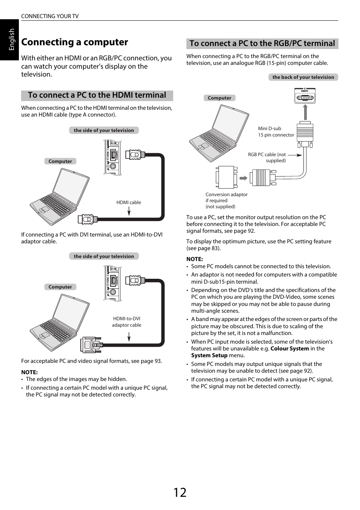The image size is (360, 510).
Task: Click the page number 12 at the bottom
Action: [180, 492]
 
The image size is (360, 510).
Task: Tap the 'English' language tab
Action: [11, 39]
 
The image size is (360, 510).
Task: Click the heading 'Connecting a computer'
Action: [75, 42]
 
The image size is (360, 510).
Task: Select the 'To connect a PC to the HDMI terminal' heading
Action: [97, 95]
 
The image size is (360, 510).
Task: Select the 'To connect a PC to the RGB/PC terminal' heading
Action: [262, 44]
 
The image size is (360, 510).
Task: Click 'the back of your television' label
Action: [303, 77]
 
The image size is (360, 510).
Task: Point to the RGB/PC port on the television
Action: [305, 96]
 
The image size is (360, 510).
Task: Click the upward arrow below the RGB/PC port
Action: [305, 112]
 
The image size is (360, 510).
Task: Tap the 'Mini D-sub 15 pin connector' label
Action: [275, 132]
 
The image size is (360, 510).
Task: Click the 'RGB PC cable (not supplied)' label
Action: [267, 157]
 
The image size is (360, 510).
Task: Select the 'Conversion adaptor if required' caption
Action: [226, 200]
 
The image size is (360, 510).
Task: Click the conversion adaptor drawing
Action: [226, 177]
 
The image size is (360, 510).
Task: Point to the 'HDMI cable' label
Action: [129, 203]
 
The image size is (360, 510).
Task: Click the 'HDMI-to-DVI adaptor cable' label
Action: [127, 322]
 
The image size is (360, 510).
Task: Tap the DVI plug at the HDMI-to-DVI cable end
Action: [91, 344]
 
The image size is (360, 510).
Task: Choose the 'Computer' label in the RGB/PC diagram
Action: [219, 98]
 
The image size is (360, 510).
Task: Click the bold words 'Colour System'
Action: [289, 349]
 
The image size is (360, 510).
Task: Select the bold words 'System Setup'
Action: [209, 355]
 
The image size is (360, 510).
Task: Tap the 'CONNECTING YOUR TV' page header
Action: [50, 16]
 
